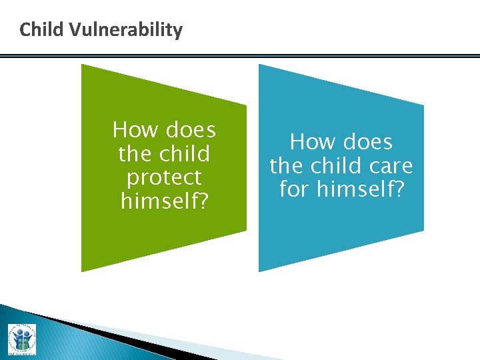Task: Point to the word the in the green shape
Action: [x=135, y=153]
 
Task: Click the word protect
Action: [x=164, y=178]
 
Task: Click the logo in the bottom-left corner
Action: [x=22, y=339]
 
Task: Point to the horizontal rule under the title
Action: [x=240, y=56]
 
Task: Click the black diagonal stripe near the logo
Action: [x=100, y=333]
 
